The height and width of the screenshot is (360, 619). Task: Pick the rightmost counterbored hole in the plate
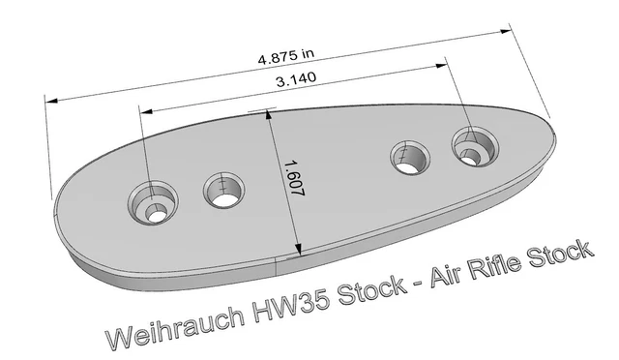(474, 148)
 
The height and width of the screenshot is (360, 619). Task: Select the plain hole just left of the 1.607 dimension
(223, 190)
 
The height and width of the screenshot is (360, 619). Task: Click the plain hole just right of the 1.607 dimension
(410, 156)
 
